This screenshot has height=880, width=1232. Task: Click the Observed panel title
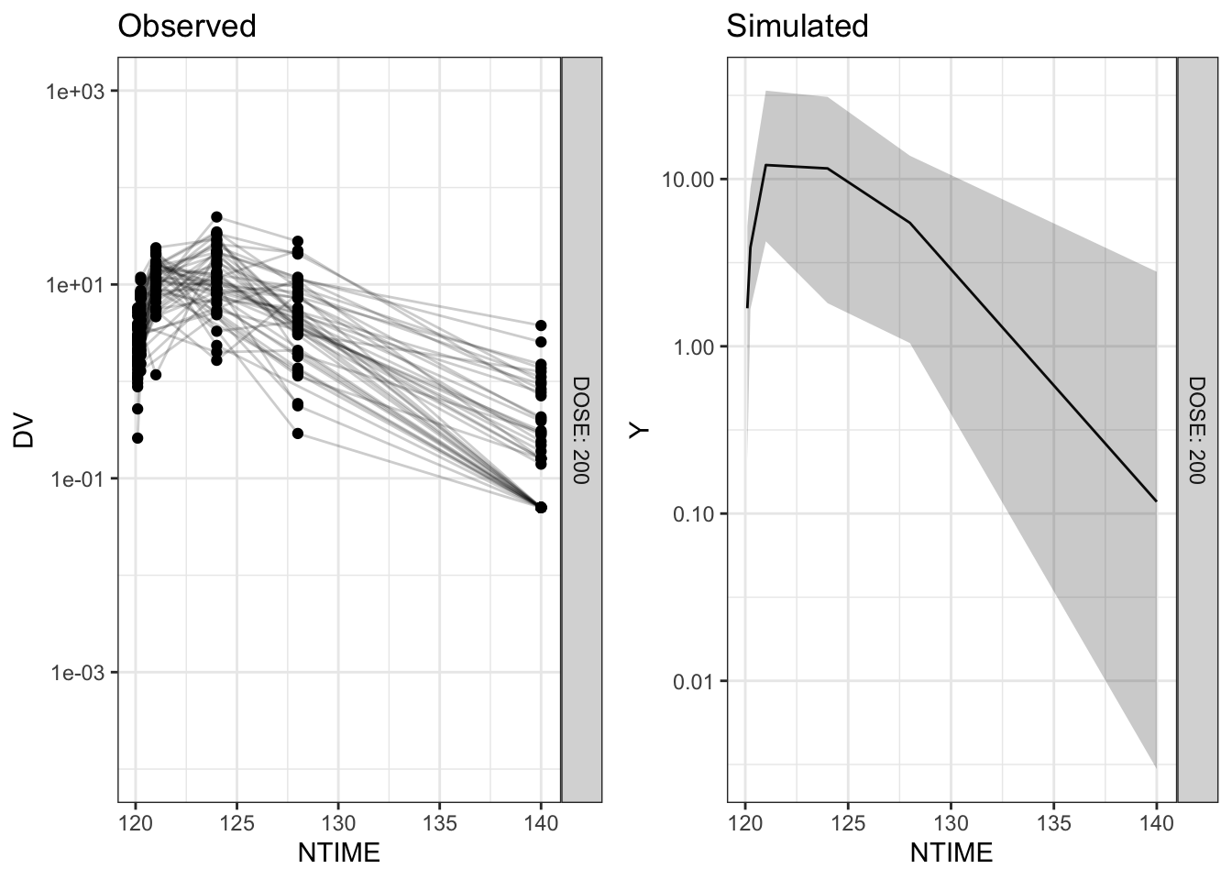[187, 26]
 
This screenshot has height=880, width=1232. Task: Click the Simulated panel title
[797, 26]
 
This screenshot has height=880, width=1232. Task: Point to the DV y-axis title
[24, 431]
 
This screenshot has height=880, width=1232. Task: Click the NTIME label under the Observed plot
[338, 853]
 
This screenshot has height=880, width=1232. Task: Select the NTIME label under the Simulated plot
[951, 853]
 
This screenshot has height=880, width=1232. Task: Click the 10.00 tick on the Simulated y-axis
[687, 179]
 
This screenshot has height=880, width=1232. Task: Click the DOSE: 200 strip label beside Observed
[581, 429]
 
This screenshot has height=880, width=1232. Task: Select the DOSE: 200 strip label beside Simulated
[1197, 429]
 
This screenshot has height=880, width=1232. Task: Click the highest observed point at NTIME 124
[216, 216]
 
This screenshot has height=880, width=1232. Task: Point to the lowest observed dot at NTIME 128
[298, 434]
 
